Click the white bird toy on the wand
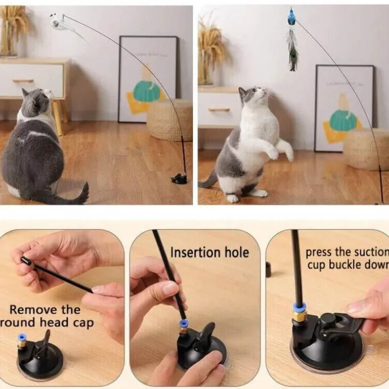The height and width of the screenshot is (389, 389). pyautogui.click(x=59, y=23)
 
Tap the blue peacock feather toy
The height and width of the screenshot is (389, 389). pyautogui.click(x=292, y=40)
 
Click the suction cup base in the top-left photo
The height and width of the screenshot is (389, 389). pyautogui.click(x=179, y=179)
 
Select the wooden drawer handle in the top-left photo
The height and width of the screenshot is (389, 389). pyautogui.click(x=23, y=81)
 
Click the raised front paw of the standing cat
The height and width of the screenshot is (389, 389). pyautogui.click(x=273, y=154)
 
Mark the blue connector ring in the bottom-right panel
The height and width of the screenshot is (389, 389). pyautogui.click(x=299, y=307)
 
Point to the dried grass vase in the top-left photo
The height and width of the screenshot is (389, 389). pyautogui.click(x=11, y=31)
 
